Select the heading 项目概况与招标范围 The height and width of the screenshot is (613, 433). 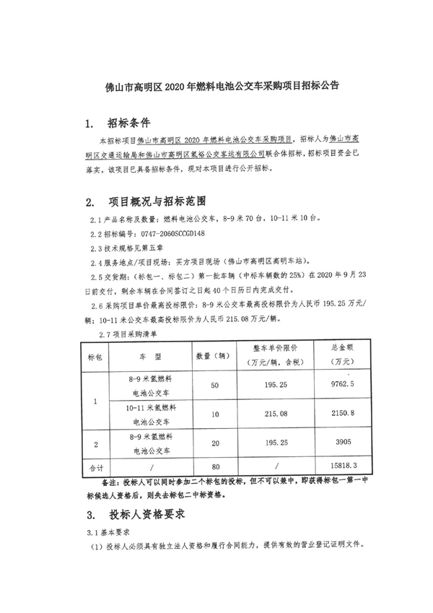pyautogui.click(x=157, y=200)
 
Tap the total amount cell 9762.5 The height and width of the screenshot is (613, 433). pyautogui.click(x=351, y=385)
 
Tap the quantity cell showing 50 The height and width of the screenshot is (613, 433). pyautogui.click(x=214, y=385)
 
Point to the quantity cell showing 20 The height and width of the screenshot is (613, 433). pyautogui.click(x=214, y=441)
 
